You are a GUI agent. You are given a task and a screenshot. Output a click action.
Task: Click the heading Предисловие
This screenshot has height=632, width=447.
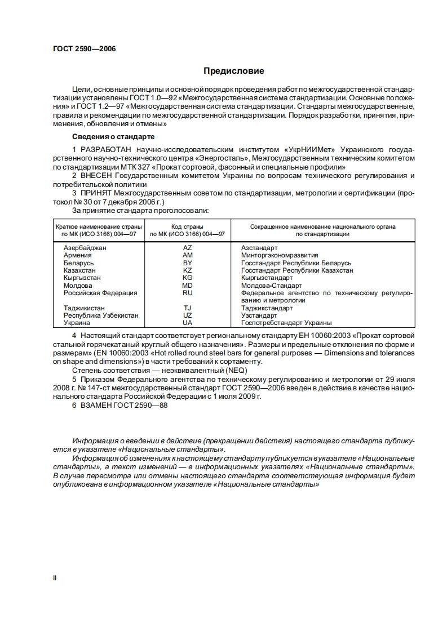coord(233,72)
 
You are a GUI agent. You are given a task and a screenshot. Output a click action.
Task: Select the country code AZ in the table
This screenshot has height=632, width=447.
coord(188,248)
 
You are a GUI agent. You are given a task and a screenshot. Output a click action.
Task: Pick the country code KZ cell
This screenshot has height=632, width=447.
coord(188,270)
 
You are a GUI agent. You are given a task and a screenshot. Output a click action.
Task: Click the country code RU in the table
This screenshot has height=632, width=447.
coord(188,293)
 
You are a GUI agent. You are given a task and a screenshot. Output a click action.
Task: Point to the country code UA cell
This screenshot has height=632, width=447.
coord(188,323)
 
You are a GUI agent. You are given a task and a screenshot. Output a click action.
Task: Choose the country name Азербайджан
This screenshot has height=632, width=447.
coord(85,248)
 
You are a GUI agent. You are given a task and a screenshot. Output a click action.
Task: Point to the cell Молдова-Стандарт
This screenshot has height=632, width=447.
coord(271,286)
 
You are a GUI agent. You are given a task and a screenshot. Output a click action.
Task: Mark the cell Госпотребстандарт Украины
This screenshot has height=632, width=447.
coord(286,323)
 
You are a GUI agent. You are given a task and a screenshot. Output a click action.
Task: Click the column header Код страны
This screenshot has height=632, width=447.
coord(187,226)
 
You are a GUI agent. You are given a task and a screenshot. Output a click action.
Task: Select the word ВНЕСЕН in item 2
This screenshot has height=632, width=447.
coord(97,176)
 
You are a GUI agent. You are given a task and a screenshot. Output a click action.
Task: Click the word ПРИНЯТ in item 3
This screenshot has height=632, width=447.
coord(96,193)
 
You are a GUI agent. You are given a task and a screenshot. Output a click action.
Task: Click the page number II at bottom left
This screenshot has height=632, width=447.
coord(55,577)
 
